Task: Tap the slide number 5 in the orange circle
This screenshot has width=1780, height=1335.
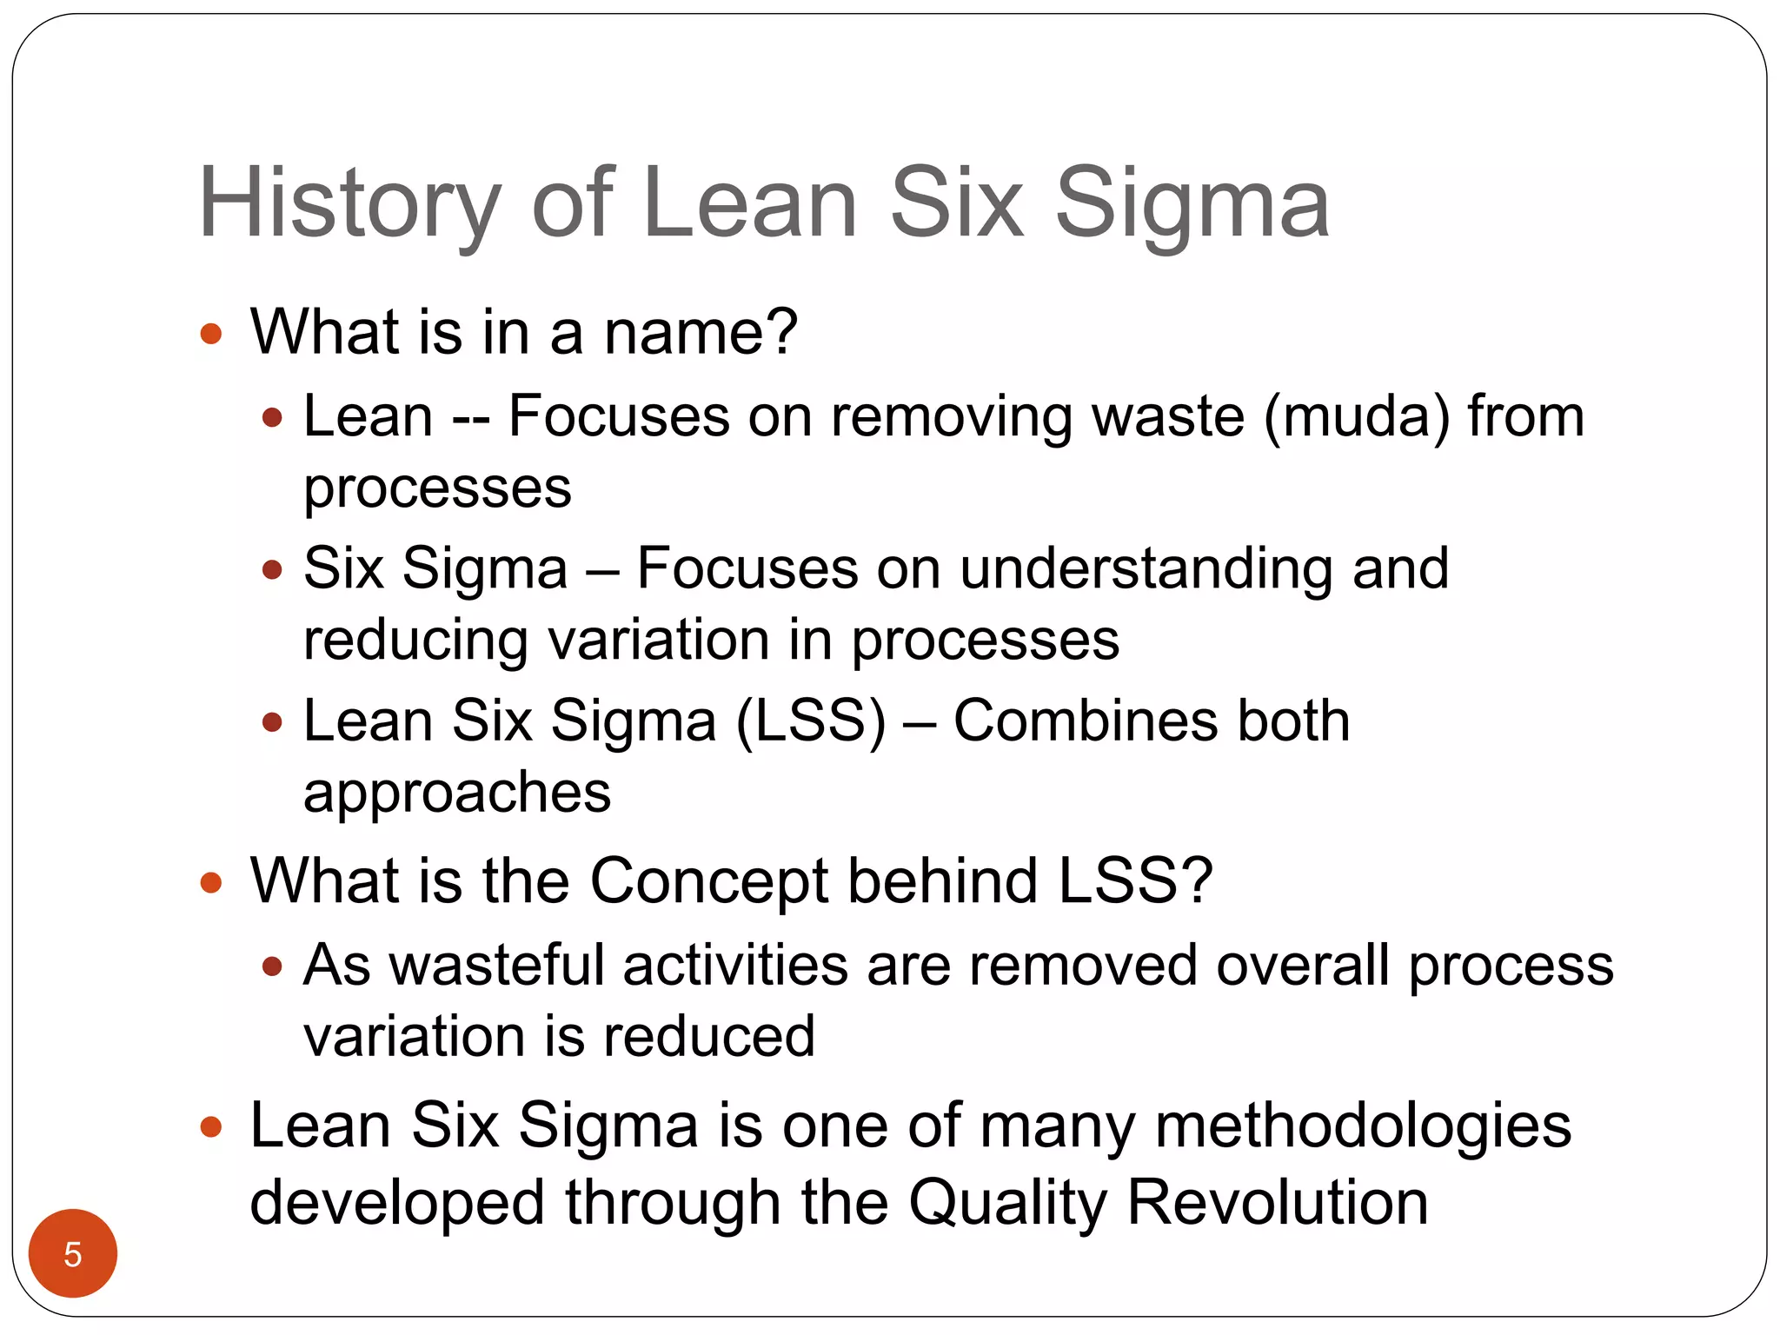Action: click(73, 1254)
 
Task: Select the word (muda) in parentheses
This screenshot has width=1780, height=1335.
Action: click(1357, 416)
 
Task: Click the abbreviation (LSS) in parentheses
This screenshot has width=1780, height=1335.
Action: click(811, 721)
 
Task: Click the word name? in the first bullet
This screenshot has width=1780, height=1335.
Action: click(701, 332)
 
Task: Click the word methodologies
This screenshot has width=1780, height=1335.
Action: click(1362, 1126)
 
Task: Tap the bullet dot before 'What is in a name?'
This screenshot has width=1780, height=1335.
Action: click(210, 334)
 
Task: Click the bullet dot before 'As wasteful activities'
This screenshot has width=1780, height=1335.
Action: click(272, 966)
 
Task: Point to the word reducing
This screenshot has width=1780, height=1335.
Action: click(415, 642)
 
